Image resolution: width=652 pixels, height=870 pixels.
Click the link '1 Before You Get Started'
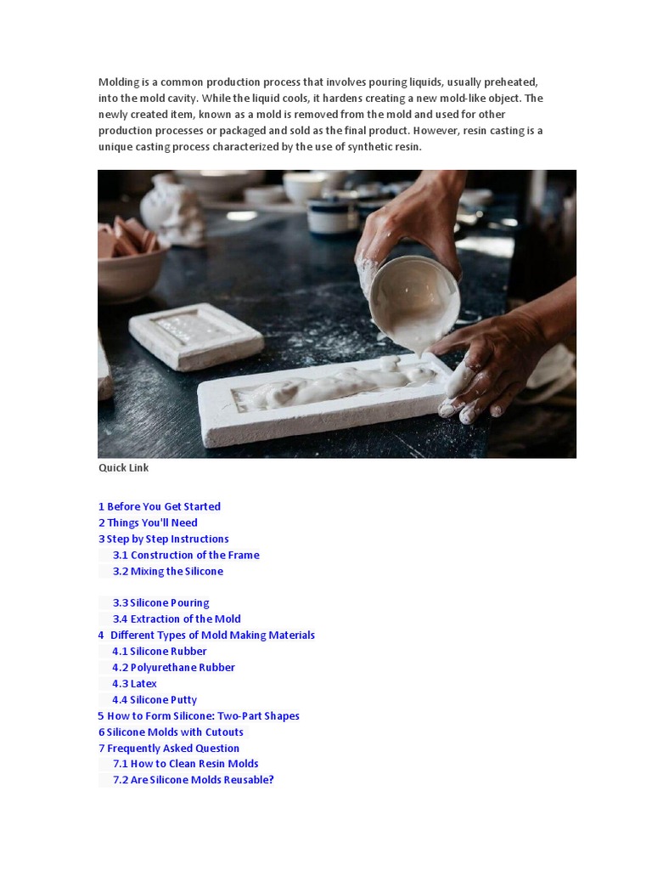(x=160, y=506)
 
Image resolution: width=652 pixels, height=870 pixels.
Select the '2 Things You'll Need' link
(x=148, y=523)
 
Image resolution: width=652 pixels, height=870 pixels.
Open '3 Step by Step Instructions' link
(x=164, y=539)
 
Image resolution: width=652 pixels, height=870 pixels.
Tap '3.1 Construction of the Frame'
(x=186, y=555)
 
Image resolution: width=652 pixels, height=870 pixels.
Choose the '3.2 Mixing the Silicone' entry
(x=168, y=571)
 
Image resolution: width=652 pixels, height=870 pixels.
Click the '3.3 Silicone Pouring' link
(x=160, y=602)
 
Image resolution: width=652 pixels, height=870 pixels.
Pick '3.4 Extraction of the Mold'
(x=177, y=619)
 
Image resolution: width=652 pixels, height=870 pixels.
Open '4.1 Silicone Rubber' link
(x=160, y=651)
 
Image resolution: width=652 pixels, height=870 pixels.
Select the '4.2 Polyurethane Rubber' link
(x=174, y=667)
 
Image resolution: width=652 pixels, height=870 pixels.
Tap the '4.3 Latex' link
(x=135, y=683)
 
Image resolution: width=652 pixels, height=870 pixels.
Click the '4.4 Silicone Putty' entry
(x=155, y=699)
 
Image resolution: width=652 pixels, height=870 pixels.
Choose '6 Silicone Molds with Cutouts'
(x=171, y=732)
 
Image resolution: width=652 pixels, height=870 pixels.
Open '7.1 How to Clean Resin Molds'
(x=186, y=763)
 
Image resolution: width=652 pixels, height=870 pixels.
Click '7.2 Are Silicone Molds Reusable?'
(x=194, y=779)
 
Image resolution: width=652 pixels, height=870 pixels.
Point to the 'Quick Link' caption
(x=124, y=467)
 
